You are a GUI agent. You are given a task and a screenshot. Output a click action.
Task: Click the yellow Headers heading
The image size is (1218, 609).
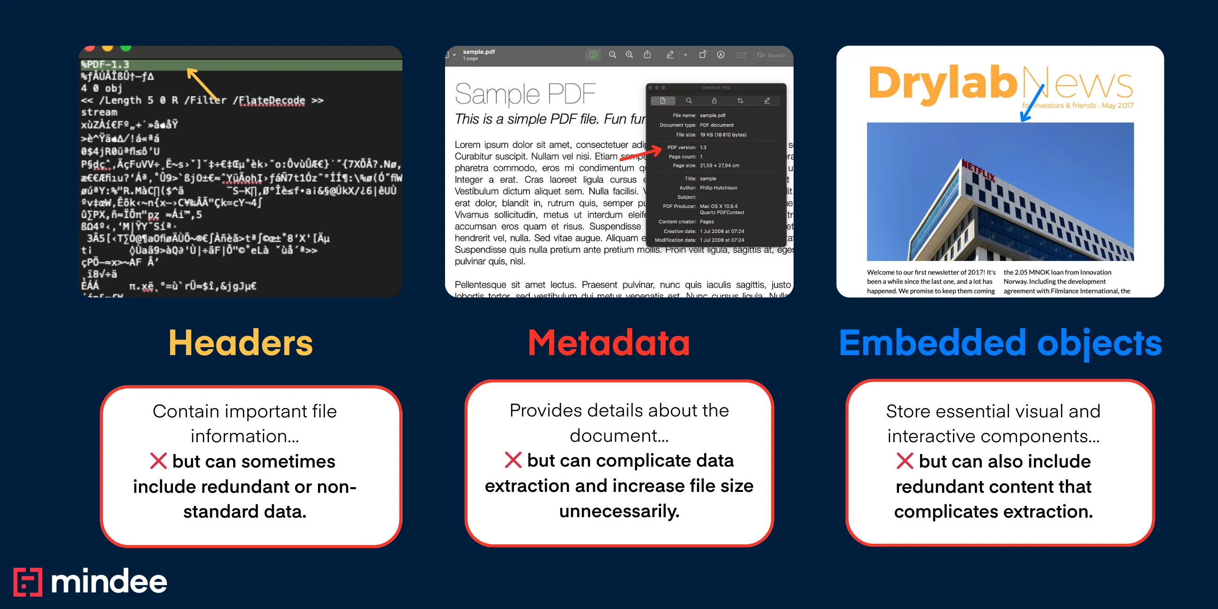coord(241,343)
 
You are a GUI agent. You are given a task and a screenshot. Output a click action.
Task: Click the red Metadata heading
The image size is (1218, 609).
coord(609,343)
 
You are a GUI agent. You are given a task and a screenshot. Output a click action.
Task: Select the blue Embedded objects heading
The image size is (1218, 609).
coord(1000,343)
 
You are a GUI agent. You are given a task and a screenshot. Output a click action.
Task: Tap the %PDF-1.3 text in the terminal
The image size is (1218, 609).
coord(105,64)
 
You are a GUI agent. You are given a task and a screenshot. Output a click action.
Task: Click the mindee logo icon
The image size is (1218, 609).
coord(28,581)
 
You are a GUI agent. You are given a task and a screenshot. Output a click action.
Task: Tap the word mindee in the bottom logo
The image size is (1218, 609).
coord(109,581)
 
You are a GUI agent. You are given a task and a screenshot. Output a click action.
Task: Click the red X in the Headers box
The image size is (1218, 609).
coord(158,460)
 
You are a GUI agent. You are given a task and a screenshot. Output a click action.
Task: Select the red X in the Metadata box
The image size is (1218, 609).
coord(512,460)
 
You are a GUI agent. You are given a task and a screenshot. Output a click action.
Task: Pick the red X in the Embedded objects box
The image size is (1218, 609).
coord(905,460)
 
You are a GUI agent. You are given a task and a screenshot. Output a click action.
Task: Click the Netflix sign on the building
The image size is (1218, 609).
coord(978,171)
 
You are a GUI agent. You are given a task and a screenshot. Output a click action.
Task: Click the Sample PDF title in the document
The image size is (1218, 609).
coord(525,94)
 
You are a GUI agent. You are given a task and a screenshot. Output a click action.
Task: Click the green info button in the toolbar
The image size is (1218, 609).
coord(593,55)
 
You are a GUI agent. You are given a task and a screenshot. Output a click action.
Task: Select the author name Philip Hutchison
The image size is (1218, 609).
coord(718,188)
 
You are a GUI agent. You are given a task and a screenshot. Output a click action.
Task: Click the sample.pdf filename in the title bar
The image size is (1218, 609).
coord(478,52)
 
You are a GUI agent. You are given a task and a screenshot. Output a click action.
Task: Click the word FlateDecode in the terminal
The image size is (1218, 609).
coord(271,100)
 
